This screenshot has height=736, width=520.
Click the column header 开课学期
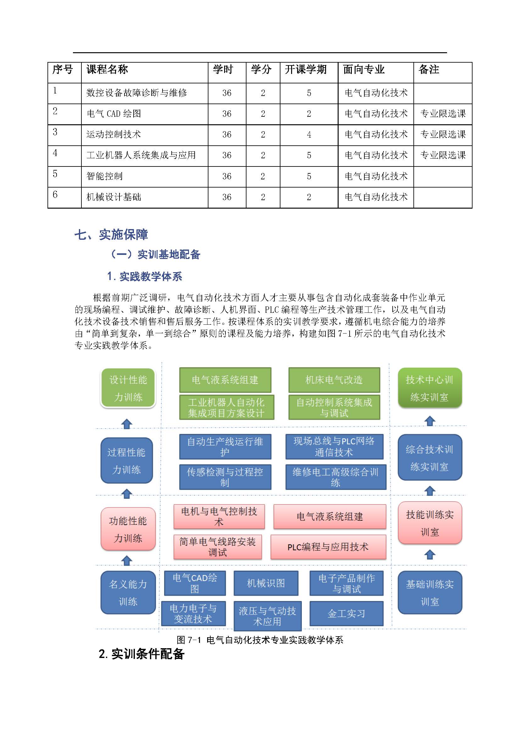[x=306, y=70]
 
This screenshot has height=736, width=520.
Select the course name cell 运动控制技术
[x=113, y=134]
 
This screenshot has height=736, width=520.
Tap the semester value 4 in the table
[x=309, y=135]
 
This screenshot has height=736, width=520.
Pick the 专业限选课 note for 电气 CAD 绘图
[x=443, y=114]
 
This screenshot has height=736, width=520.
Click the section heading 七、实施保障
[x=111, y=235]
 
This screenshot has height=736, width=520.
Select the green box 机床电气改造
[x=334, y=380]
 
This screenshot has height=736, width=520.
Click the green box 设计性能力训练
[x=128, y=388]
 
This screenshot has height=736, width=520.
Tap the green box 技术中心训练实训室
[x=429, y=388]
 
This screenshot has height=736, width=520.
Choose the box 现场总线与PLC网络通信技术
[x=334, y=447]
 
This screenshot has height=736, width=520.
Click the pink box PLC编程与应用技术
[x=328, y=547]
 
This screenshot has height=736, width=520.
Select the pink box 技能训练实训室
[x=430, y=523]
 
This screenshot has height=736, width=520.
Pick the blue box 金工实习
[x=346, y=614]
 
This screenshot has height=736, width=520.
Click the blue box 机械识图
[x=266, y=583]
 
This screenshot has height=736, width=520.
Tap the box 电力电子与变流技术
[x=193, y=614]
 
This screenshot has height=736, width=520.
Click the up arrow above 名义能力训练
[x=127, y=561]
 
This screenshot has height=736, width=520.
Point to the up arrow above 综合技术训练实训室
[x=430, y=421]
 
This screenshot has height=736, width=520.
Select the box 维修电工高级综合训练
[x=335, y=477]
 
